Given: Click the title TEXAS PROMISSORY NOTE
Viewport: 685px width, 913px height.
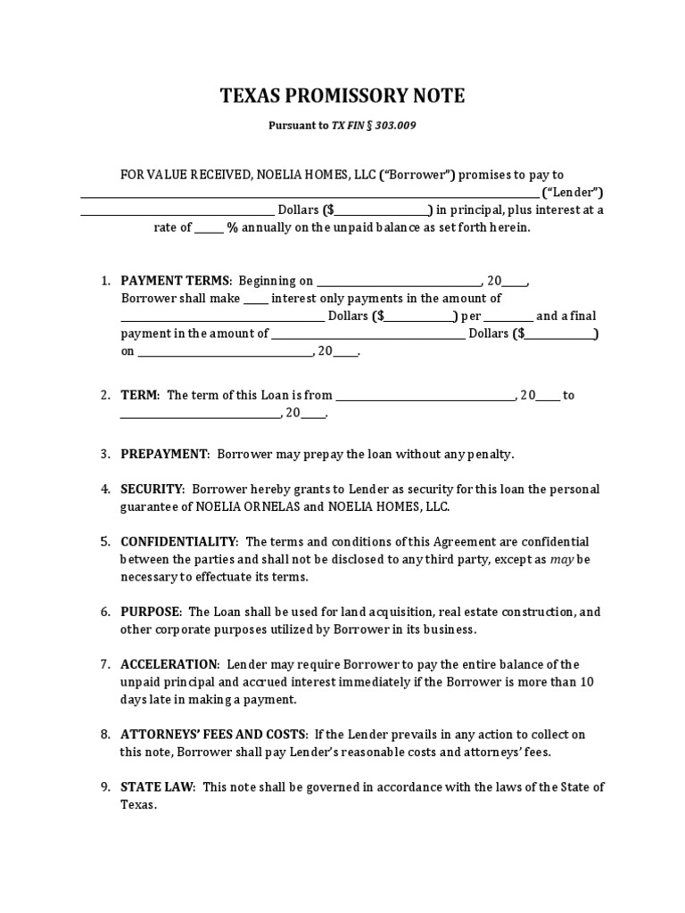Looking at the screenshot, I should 342,96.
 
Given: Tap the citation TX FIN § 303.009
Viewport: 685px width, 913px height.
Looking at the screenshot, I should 374,127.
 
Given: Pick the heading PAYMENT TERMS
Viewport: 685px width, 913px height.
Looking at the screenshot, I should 176,281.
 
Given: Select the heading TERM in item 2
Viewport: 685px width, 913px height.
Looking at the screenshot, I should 139,395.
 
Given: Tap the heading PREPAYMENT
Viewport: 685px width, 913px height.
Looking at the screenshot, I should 164,454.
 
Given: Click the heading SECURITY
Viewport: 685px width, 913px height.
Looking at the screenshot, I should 152,489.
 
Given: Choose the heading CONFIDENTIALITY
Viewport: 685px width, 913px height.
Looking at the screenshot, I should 179,542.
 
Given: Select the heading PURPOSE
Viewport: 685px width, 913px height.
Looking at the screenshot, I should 151,613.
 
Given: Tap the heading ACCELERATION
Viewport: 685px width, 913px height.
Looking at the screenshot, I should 169,665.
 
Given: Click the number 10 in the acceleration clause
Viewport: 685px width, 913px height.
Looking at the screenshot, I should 587,682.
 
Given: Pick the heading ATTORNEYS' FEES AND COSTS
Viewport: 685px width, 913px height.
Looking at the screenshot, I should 213,735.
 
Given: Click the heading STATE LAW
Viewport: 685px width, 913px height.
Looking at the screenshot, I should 158,787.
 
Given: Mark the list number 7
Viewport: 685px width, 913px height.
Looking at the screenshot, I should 104,665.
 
